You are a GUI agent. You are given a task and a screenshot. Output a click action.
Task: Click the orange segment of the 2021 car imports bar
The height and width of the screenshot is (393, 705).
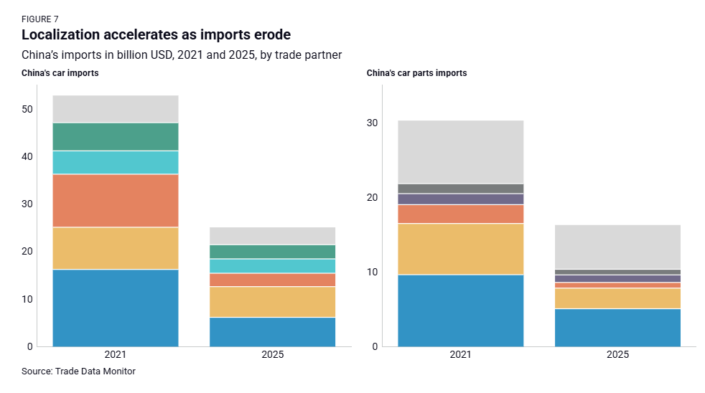click(x=115, y=200)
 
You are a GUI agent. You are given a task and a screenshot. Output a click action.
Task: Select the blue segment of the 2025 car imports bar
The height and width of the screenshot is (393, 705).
click(x=272, y=331)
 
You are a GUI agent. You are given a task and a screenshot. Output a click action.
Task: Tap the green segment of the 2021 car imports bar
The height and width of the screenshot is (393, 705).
click(x=115, y=136)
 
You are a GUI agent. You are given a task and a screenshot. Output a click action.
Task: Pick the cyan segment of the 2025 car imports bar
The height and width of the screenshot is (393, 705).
click(x=272, y=265)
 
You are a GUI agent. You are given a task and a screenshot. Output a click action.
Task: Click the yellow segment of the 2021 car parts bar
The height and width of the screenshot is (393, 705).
click(x=460, y=249)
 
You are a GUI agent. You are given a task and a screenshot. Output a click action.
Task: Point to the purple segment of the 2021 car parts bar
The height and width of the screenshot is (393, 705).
click(x=460, y=199)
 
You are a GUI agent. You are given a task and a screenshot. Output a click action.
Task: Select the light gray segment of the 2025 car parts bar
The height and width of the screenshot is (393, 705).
click(x=617, y=247)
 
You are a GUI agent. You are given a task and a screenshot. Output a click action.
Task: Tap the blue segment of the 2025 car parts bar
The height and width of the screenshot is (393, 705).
click(x=617, y=327)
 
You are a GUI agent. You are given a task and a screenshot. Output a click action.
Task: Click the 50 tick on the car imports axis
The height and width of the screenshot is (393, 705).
click(x=27, y=110)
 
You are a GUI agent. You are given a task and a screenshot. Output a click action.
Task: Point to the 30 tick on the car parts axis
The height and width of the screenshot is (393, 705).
click(x=373, y=123)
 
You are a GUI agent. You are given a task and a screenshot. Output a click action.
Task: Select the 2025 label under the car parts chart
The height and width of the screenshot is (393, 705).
click(x=617, y=355)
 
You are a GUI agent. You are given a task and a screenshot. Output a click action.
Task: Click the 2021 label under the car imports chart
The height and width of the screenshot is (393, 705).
click(x=115, y=355)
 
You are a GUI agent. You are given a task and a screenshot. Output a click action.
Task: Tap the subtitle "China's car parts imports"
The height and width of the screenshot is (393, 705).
click(x=416, y=73)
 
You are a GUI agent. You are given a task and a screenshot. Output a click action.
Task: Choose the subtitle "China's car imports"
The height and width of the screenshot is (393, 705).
click(x=60, y=73)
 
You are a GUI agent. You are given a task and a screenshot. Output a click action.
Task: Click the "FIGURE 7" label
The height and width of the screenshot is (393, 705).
click(x=40, y=19)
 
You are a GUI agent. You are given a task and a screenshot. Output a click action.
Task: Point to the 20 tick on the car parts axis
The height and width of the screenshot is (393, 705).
click(x=373, y=198)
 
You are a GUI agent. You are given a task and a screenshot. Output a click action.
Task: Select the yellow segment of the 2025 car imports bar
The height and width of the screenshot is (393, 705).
click(x=272, y=301)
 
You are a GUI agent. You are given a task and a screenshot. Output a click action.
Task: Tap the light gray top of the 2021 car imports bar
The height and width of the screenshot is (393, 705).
click(x=115, y=109)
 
